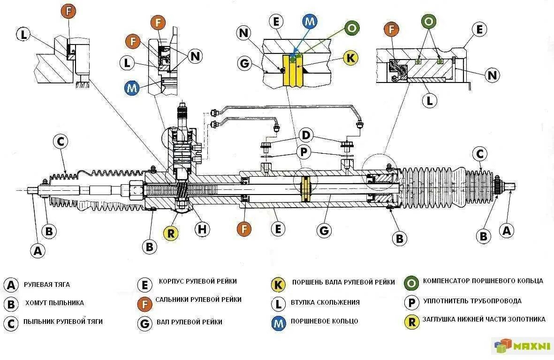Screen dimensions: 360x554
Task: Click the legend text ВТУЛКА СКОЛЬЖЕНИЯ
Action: click(x=325, y=302)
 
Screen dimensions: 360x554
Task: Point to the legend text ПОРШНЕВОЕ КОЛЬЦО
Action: click(x=324, y=322)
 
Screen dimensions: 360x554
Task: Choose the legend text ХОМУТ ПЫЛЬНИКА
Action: click(x=54, y=303)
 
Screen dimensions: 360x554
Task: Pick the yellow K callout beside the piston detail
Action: click(x=349, y=58)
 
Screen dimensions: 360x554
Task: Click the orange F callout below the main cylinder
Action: click(x=244, y=229)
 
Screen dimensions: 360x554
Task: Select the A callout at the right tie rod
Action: click(x=506, y=231)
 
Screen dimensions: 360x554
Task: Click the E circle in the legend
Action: click(x=144, y=284)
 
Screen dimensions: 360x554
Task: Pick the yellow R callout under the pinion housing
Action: click(x=170, y=232)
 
